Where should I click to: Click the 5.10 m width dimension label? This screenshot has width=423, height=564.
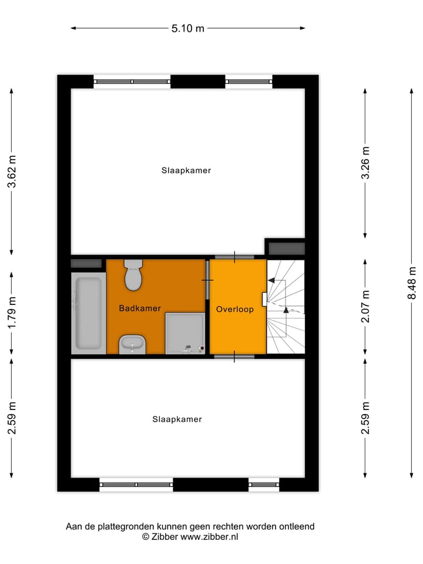pyautogui.click(x=188, y=28)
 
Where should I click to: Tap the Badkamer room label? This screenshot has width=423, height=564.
pyautogui.click(x=140, y=308)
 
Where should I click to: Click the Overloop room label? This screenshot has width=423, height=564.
pyautogui.click(x=234, y=309)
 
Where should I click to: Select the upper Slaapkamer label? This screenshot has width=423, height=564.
pyautogui.click(x=186, y=171)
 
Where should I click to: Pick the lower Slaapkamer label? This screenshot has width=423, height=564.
pyautogui.click(x=177, y=419)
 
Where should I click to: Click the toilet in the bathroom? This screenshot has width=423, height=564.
pyautogui.click(x=133, y=276)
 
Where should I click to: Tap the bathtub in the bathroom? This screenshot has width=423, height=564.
pyautogui.click(x=88, y=312)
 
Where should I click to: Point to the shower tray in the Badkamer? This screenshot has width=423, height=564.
pyautogui.click(x=185, y=333)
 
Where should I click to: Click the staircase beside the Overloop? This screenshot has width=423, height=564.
pyautogui.click(x=286, y=307)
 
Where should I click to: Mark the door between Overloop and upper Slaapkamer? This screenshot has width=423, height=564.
pyautogui.click(x=234, y=257)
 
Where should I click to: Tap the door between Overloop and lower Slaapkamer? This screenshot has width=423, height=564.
pyautogui.click(x=234, y=357)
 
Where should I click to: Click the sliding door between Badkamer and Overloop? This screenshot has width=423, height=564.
pyautogui.click(x=207, y=280)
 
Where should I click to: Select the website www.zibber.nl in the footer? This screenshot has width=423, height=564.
pyautogui.click(x=209, y=536)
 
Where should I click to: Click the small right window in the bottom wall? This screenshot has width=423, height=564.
pyautogui.click(x=263, y=485)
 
